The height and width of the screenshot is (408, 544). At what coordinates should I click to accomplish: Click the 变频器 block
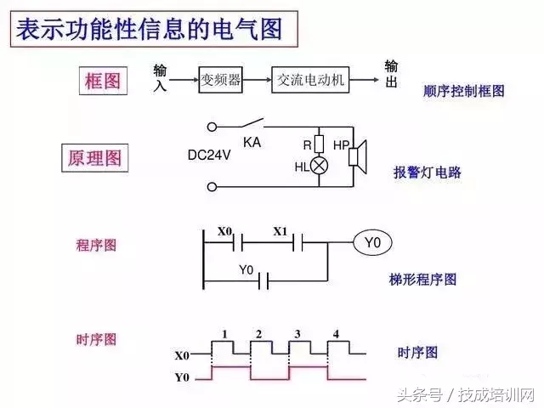[220, 80]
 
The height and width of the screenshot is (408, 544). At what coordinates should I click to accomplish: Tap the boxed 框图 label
[103, 82]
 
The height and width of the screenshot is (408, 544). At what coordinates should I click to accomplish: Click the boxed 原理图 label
[94, 158]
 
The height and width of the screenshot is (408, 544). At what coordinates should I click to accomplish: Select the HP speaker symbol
[357, 154]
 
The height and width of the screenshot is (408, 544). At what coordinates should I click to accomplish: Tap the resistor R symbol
[320, 144]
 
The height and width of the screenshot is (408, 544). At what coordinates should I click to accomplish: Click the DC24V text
[209, 156]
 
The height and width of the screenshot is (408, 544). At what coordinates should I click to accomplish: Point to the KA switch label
[252, 142]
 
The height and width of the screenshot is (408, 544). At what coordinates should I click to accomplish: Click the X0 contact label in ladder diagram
[224, 231]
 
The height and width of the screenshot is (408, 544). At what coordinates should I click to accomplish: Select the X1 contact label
[280, 231]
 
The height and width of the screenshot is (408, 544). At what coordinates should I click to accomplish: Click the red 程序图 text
[96, 246]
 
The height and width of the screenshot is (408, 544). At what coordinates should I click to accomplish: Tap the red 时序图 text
[96, 339]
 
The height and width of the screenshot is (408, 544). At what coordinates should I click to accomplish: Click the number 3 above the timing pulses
[297, 334]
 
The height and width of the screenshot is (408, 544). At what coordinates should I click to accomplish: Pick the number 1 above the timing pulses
[224, 334]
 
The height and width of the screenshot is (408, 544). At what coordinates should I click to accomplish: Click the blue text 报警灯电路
[428, 172]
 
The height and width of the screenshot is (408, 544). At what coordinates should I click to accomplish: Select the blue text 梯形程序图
[422, 279]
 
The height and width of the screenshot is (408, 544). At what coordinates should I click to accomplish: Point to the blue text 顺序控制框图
[463, 91]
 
